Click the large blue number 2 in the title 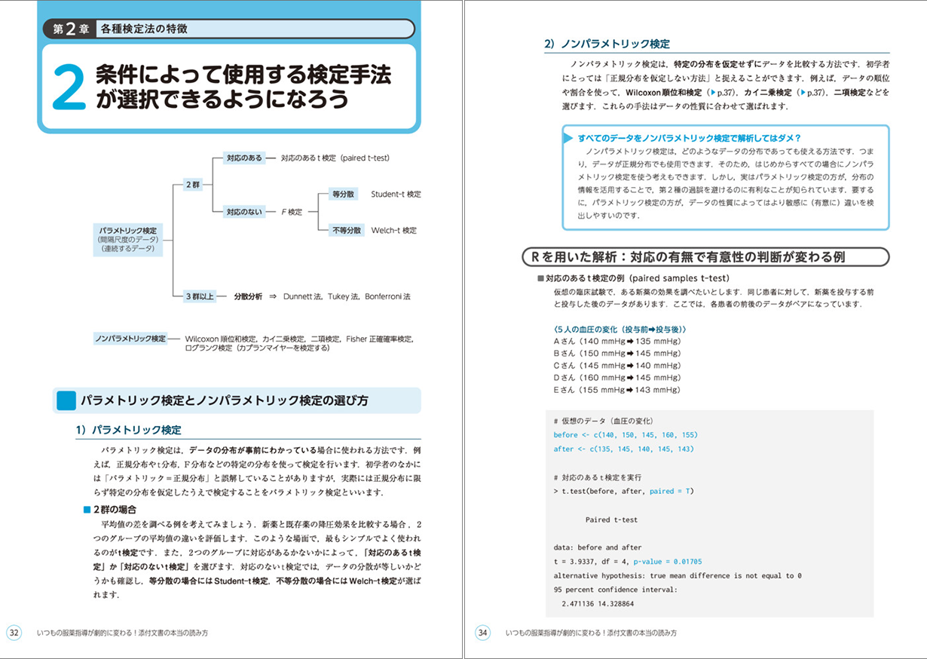(x=69, y=87)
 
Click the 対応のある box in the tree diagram (x=244, y=158)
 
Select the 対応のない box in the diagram (x=244, y=212)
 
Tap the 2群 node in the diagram (x=192, y=185)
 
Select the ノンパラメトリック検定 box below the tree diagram (x=130, y=339)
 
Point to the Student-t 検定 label (x=396, y=195)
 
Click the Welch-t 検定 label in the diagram (x=393, y=230)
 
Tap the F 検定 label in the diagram (x=291, y=212)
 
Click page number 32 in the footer (x=15, y=633)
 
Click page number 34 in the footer (x=483, y=633)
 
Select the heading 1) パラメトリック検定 (x=128, y=430)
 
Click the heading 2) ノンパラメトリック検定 (x=607, y=44)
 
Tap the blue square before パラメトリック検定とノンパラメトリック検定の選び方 (x=66, y=400)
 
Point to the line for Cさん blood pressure (x=616, y=366)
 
